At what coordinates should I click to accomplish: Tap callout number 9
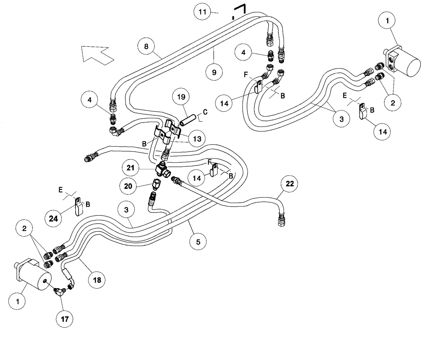pos(214,72)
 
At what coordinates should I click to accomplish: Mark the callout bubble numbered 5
pos(197,241)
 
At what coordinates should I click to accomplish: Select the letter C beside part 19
pos(205,112)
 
